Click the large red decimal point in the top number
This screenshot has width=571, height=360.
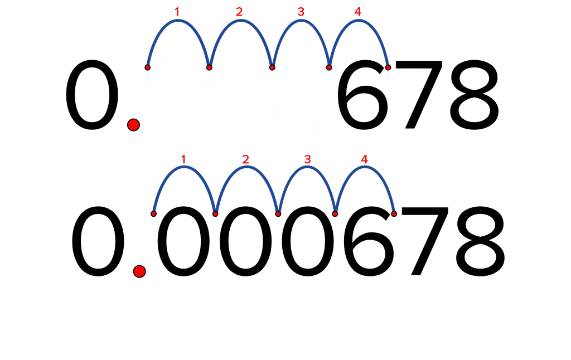click(x=134, y=125)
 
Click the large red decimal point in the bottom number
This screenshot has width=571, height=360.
click(x=139, y=271)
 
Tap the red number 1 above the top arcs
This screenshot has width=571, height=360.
click(x=177, y=12)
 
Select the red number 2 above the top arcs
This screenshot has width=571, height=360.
click(x=239, y=12)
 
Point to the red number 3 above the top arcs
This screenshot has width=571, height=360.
click(x=301, y=12)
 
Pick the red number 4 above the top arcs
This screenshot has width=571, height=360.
click(x=358, y=12)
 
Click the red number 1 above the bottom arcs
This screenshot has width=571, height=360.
click(x=183, y=159)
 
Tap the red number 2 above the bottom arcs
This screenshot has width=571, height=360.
click(x=245, y=159)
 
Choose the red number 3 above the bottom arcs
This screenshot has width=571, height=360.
click(x=307, y=159)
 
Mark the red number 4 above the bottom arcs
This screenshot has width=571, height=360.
click(x=364, y=159)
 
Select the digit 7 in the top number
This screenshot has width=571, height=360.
click(x=418, y=95)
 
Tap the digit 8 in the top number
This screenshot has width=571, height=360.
click(x=475, y=95)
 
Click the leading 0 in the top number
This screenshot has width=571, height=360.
click(x=92, y=95)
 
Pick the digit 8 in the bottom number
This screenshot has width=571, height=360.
click(x=480, y=241)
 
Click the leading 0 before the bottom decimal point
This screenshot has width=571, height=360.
click(x=98, y=241)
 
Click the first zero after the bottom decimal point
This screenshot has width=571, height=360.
click(x=183, y=241)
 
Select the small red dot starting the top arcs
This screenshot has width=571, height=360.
click(x=147, y=67)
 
